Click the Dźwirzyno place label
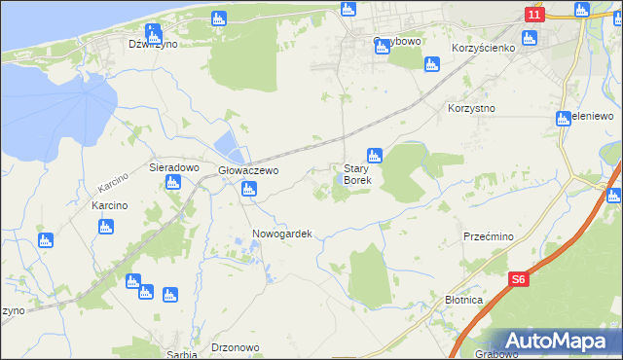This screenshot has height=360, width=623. [151, 44]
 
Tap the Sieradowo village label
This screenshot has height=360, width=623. [173, 167]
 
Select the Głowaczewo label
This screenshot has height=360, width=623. [248, 170]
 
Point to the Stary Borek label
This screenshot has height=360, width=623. [358, 174]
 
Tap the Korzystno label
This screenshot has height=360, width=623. [471, 108]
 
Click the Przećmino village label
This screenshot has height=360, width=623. [489, 236]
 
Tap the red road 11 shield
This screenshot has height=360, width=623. [533, 15]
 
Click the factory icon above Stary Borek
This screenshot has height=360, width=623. [374, 156]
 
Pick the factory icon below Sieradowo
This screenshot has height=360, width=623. [173, 183]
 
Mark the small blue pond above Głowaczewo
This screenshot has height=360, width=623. [227, 149]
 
